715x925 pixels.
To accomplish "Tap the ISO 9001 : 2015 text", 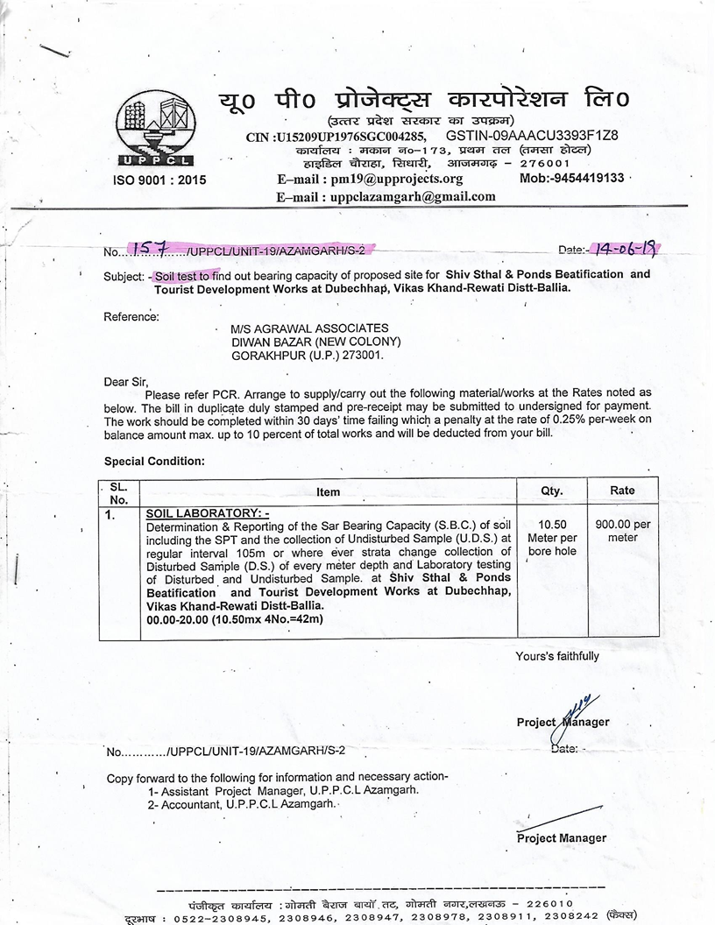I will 159,180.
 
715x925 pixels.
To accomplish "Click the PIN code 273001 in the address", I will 365,356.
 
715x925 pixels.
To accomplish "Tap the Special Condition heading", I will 154,461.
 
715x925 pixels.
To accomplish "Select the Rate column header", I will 622,491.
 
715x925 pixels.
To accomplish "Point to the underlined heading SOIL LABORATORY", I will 208,512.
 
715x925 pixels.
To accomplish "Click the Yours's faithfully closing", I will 557,656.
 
